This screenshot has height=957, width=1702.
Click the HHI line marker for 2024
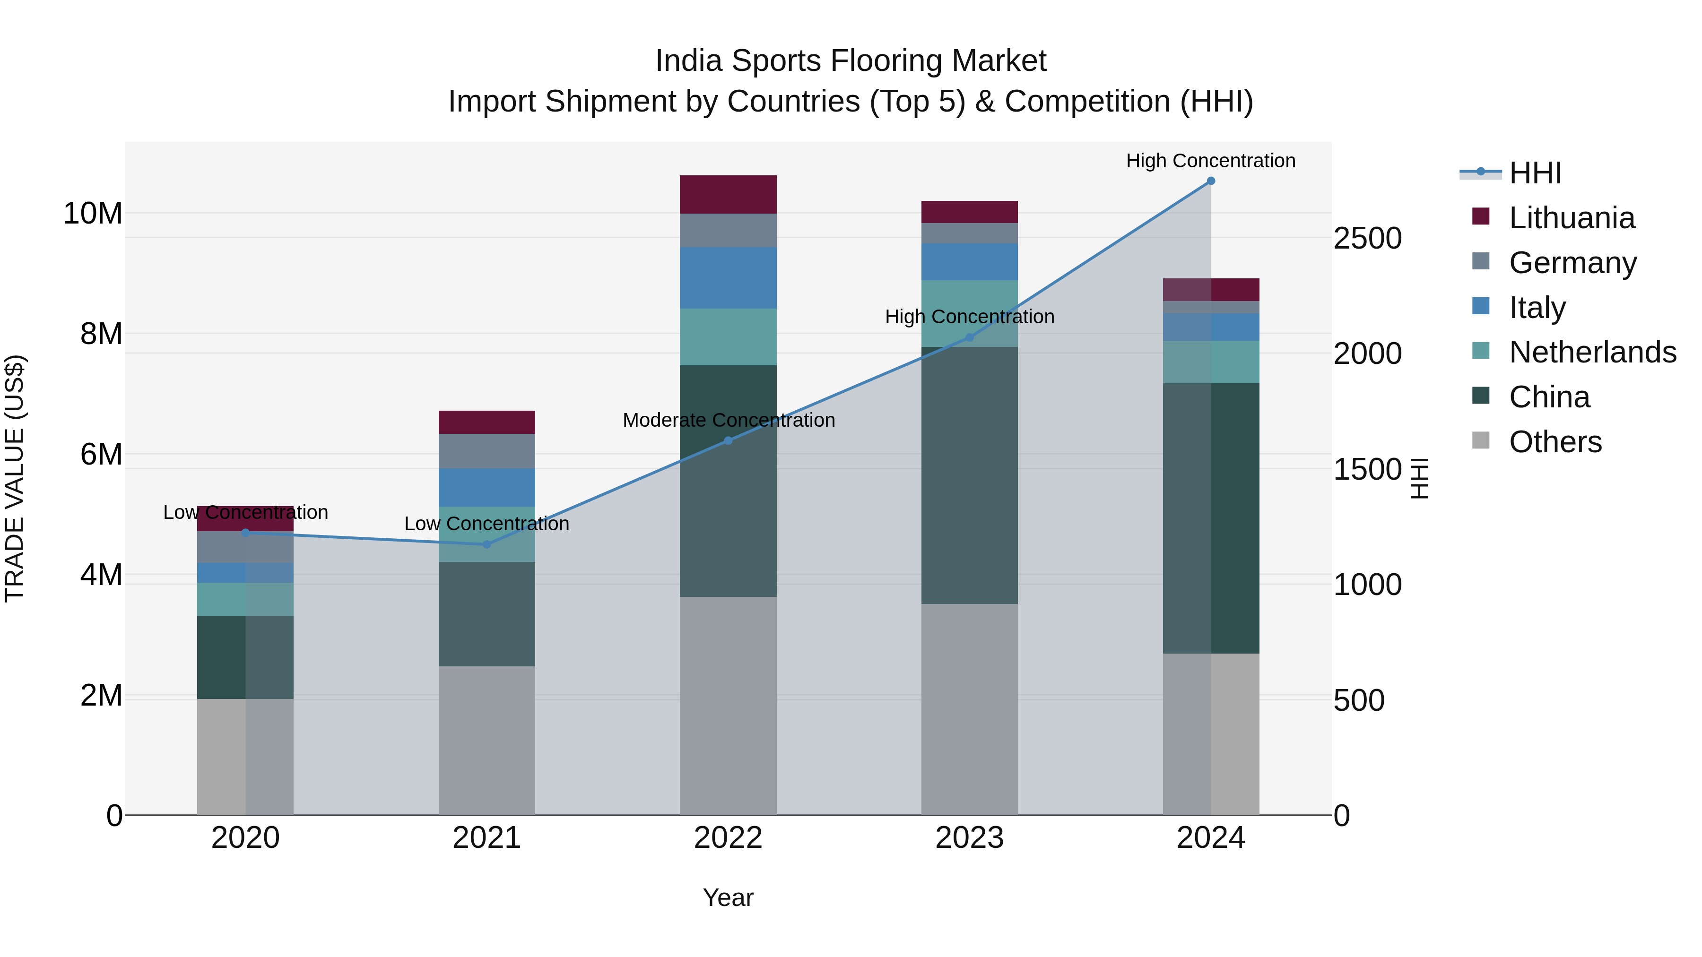click(x=1210, y=181)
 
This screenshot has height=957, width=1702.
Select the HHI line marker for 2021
click(x=487, y=544)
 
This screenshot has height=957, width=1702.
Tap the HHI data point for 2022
click(x=728, y=440)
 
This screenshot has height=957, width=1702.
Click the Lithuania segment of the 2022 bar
click(x=728, y=194)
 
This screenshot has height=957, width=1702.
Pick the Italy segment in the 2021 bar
click(x=487, y=487)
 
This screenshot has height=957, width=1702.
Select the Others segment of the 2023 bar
click(x=969, y=709)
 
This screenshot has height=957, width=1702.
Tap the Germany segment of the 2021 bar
click(x=487, y=451)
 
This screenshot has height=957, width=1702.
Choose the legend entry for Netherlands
click(x=1592, y=352)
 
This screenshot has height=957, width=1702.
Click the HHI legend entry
click(x=1535, y=173)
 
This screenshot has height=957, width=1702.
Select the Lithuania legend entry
click(x=1571, y=218)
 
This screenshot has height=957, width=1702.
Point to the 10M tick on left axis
click(x=93, y=213)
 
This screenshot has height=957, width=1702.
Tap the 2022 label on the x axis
click(x=728, y=837)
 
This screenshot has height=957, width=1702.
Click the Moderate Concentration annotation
click(x=728, y=420)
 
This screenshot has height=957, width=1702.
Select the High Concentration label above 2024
click(x=1210, y=161)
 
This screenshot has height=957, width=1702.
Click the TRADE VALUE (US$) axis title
click(x=15, y=478)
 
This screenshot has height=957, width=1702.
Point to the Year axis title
click(x=728, y=897)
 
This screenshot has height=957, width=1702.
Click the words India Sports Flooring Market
click(x=851, y=61)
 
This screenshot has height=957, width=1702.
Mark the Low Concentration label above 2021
click(x=487, y=524)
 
